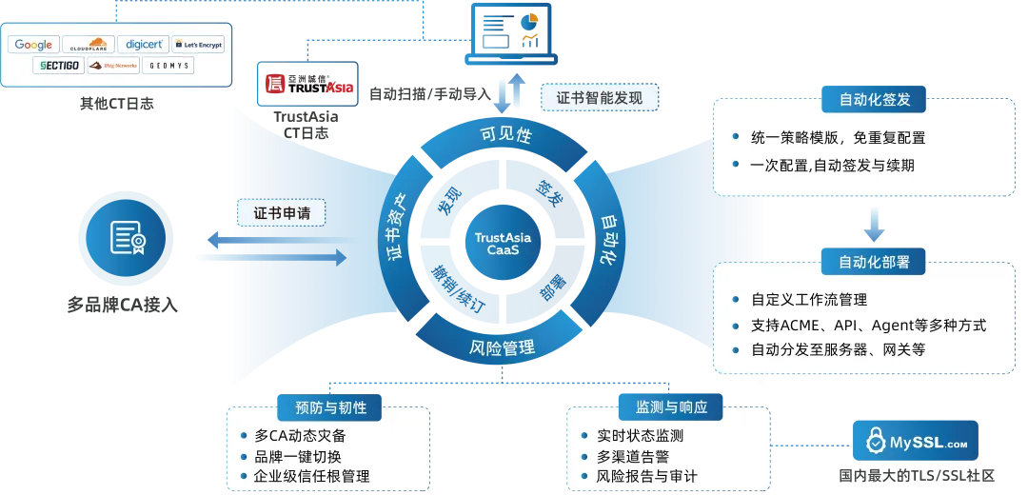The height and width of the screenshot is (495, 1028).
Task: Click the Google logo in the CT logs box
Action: point(33,45)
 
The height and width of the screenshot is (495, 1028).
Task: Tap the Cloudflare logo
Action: point(89,45)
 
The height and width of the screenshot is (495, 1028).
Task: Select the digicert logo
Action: point(145,45)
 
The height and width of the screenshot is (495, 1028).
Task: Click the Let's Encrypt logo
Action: point(198,45)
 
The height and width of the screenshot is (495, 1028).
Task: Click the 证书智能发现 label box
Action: point(600,97)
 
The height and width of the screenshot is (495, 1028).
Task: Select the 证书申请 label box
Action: point(281,212)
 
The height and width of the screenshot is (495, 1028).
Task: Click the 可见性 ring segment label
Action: point(504,135)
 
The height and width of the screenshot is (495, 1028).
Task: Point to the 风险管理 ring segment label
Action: point(503,348)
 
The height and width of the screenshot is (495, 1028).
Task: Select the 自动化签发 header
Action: point(874,99)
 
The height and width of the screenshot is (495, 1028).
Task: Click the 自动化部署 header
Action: point(874,261)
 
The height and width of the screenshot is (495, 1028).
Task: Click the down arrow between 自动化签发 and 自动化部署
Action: point(874,225)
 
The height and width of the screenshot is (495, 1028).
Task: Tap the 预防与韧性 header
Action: point(330,407)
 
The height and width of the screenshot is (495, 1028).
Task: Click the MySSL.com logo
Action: point(917,442)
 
